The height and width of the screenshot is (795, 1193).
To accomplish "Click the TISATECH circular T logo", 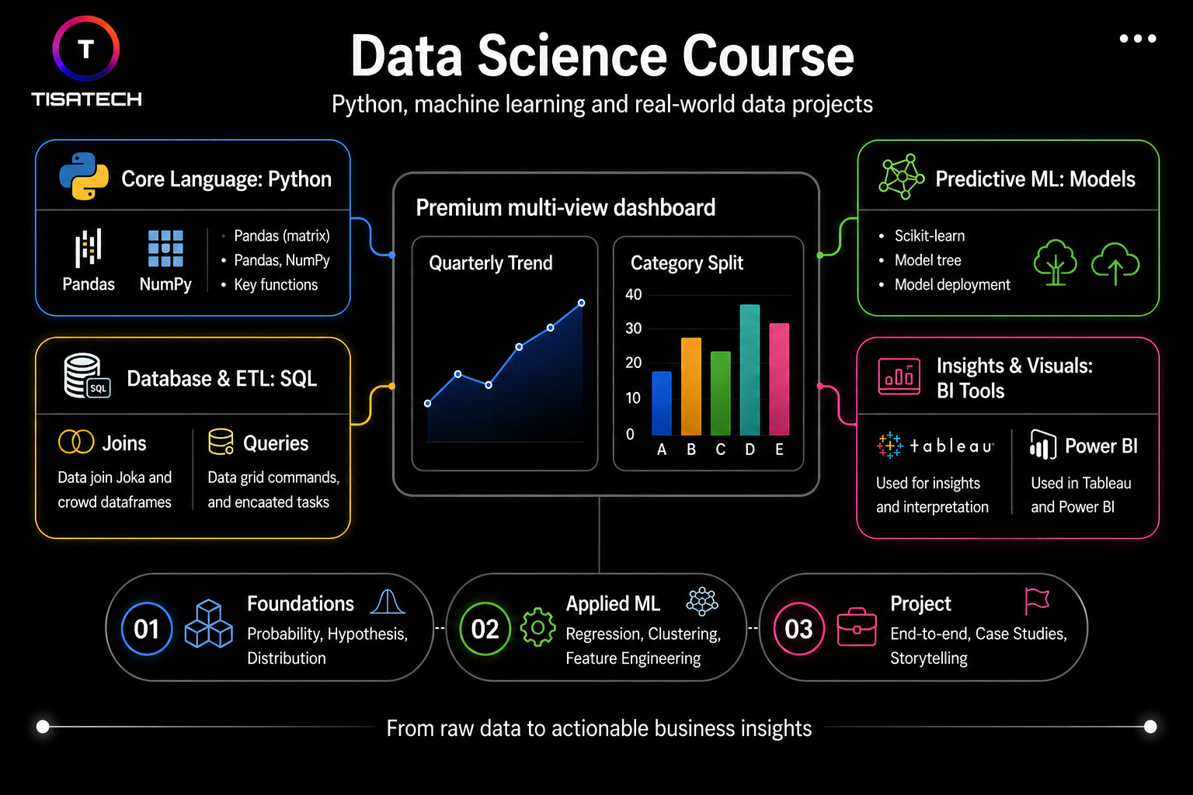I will tap(85, 49).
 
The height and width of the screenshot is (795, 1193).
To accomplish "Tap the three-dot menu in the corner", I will tap(1137, 39).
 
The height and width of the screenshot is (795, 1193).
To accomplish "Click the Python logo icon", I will tap(84, 176).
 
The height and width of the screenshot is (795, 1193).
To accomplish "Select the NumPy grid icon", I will tap(165, 248).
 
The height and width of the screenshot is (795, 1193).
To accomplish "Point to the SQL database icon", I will tap(85, 376).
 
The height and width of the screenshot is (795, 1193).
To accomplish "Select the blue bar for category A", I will tap(662, 403).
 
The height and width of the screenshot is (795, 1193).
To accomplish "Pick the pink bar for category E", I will tap(779, 379).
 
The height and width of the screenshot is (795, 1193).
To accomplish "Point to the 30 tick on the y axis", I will tap(634, 328).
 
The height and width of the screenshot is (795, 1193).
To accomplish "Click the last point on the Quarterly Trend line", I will tap(581, 303).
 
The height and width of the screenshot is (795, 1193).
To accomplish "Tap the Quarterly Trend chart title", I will tap(490, 263).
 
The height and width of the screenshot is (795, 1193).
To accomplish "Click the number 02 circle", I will tap(485, 629).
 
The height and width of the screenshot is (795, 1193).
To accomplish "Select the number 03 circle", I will tap(798, 629).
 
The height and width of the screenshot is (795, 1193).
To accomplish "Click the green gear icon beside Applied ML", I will tap(537, 627).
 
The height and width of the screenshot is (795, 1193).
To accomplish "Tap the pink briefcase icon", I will tap(856, 627).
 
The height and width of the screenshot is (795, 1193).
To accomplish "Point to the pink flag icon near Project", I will tap(1037, 600).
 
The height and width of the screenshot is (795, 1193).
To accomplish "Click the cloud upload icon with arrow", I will tap(1115, 263).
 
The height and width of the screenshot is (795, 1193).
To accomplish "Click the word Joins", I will tap(124, 443).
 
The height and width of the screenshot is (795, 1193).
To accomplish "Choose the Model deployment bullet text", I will tap(951, 285).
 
